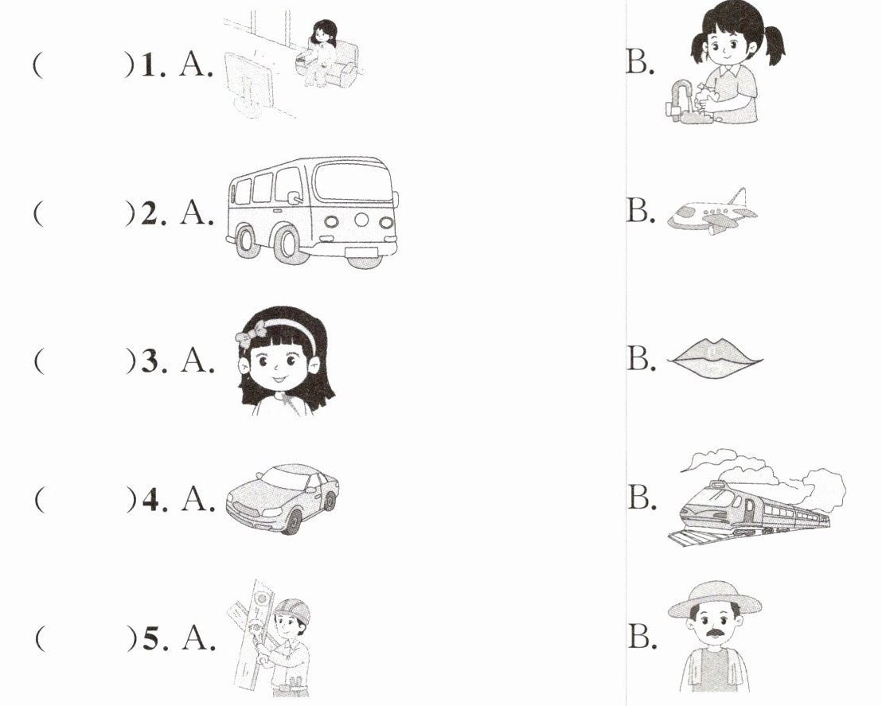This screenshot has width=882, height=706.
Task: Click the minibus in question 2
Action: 312,212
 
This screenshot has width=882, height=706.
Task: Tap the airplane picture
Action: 712,212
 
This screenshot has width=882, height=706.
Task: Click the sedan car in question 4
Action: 283,498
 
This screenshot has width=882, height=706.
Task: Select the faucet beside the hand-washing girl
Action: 678,99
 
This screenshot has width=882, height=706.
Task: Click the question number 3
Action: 150,361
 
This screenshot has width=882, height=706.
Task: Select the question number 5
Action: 150,639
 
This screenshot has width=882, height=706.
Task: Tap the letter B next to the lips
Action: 639,358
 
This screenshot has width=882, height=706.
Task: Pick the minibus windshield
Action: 353,181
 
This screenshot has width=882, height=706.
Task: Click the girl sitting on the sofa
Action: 320,52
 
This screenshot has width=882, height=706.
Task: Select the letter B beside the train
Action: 640,497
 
